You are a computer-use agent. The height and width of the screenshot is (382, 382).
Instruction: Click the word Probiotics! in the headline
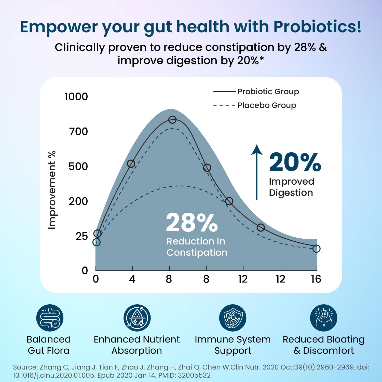(x=317, y=27)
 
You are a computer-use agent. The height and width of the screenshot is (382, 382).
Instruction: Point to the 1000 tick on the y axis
(x=76, y=97)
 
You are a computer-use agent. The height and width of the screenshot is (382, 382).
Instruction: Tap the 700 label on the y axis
(x=78, y=132)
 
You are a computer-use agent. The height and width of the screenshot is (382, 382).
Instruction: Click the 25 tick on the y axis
(x=81, y=236)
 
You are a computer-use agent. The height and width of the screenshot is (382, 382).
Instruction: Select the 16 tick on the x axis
(x=316, y=279)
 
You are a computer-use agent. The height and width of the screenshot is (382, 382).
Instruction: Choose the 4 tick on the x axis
(x=132, y=279)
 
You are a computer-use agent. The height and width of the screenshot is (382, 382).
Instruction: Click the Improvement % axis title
(x=52, y=190)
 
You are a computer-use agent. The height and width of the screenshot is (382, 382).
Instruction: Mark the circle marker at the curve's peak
(x=172, y=120)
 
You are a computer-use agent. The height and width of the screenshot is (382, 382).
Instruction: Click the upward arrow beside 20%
(x=257, y=172)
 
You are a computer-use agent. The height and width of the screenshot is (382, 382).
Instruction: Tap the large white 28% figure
(x=192, y=223)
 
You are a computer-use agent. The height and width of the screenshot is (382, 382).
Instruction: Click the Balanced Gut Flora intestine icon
(x=50, y=318)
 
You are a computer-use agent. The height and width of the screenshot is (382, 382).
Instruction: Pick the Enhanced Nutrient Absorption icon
(x=137, y=318)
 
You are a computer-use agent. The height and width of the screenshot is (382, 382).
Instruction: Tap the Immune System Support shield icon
(x=233, y=318)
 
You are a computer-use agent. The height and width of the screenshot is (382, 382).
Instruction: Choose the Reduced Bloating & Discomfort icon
(x=323, y=318)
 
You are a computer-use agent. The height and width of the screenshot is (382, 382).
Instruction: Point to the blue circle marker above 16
(x=316, y=249)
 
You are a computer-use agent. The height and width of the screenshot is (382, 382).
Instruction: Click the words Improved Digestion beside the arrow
(x=291, y=187)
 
